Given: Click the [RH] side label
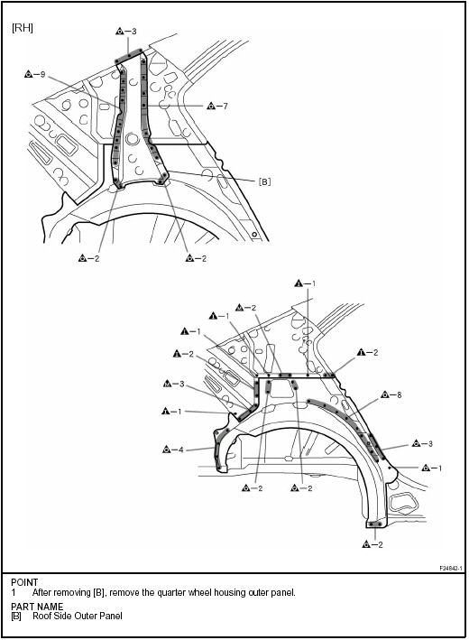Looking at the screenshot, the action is [x=23, y=28].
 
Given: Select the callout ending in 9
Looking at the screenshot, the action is [x=34, y=74].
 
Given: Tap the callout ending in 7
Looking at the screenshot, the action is [x=217, y=107].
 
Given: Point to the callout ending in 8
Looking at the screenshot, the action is [x=391, y=394].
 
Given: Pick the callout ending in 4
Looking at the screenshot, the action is [x=173, y=450].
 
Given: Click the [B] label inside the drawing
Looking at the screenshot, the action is [x=264, y=182].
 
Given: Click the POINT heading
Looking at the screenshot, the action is [x=24, y=582].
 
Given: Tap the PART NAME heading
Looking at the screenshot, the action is [x=37, y=607].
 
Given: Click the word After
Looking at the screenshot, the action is [x=42, y=592].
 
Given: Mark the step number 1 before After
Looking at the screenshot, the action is [x=14, y=592].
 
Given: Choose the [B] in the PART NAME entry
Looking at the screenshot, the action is [x=16, y=616].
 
